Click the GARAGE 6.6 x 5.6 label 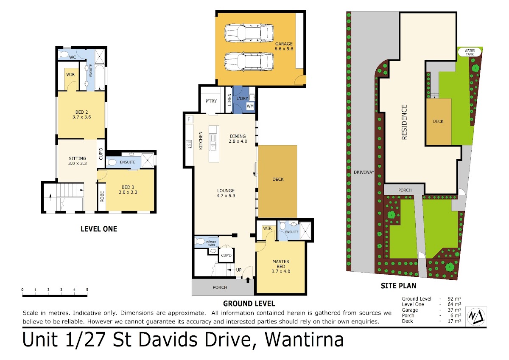point(284,46)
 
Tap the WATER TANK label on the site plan point(470,52)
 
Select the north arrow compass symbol point(476,316)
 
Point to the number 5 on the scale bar point(87,290)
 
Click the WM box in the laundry point(250,106)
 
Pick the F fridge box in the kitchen point(189,119)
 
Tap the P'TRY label point(211,101)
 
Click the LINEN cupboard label point(229,100)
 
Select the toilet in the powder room point(200,241)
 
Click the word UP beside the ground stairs point(238,270)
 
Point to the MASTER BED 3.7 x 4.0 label point(281,266)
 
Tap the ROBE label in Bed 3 point(102,197)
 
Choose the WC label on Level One point(73,57)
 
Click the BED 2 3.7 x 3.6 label point(81,115)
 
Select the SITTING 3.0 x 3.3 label point(78,161)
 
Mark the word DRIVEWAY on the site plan point(364,172)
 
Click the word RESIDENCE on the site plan point(404,122)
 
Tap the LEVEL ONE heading point(99,229)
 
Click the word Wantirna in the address point(304,340)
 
